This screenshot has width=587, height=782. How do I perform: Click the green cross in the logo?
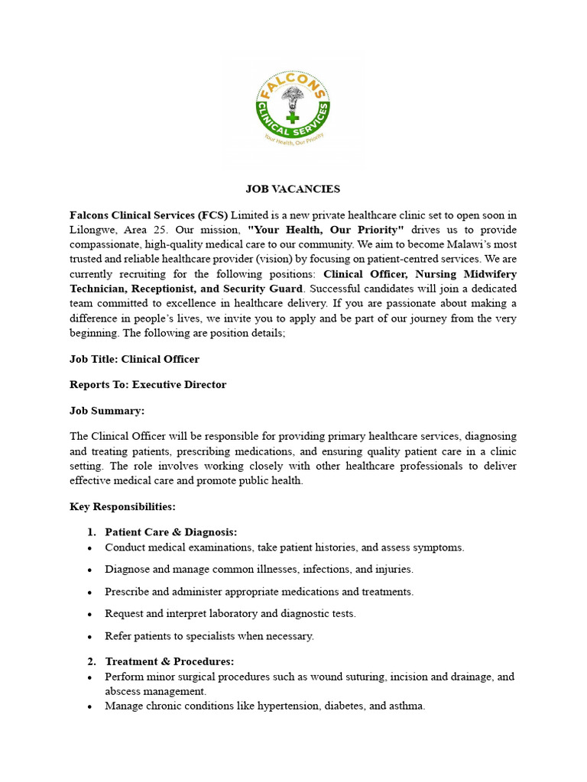(291, 118)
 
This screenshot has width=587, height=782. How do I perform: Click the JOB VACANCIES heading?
(293, 189)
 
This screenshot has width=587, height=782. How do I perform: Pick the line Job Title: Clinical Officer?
(135, 359)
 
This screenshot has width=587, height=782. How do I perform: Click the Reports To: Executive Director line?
(148, 385)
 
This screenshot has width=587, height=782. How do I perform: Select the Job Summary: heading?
(107, 411)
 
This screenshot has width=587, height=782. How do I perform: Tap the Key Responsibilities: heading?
(122, 506)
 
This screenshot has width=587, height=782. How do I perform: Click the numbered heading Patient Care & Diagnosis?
(171, 532)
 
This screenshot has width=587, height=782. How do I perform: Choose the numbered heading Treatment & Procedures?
(170, 661)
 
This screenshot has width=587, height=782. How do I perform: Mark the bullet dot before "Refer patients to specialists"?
(90, 637)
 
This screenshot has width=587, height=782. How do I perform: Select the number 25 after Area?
(168, 230)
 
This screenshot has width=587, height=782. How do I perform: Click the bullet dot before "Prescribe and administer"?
(90, 593)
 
